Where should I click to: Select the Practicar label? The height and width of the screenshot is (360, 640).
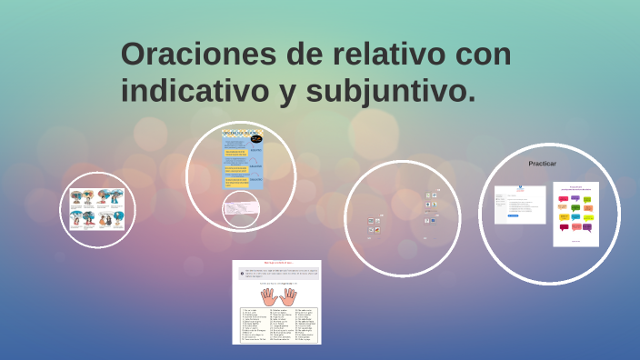542,164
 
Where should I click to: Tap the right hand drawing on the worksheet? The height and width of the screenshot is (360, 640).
289,296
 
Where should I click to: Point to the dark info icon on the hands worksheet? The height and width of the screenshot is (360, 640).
240,273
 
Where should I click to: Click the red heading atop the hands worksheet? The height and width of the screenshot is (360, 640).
276,263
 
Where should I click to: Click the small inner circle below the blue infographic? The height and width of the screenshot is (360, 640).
241,208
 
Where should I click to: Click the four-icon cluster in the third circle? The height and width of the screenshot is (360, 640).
431,207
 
